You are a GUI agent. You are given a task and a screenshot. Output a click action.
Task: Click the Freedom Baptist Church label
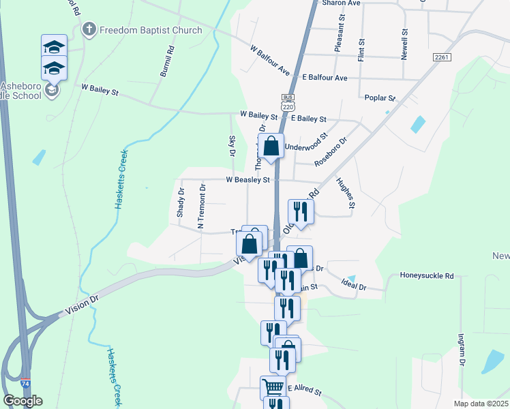(x=151, y=30)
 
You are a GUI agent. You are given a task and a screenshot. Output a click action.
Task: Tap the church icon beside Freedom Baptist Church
(x=89, y=30)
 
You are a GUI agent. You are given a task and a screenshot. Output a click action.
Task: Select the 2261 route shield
(x=442, y=57)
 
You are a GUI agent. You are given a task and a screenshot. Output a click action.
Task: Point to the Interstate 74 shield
(x=25, y=384)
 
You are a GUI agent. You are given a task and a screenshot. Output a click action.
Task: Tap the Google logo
(x=22, y=401)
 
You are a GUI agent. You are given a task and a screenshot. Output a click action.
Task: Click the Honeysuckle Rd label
(x=430, y=276)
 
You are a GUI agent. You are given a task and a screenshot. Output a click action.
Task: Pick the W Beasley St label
(x=248, y=181)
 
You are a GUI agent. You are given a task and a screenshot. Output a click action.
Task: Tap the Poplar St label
(x=380, y=98)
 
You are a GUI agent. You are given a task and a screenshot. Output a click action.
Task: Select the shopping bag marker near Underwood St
(x=271, y=146)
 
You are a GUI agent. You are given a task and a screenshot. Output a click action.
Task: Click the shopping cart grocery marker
(x=273, y=388)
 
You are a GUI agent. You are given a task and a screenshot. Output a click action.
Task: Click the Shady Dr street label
(x=181, y=202)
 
